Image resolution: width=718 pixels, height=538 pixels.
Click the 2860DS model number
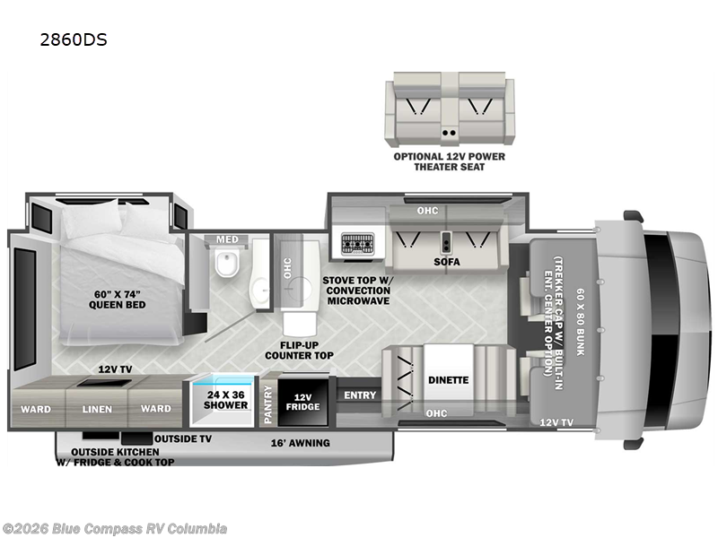point(74,39)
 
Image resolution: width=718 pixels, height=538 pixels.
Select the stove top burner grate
point(357,244)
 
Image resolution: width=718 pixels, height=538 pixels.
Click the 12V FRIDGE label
point(303,402)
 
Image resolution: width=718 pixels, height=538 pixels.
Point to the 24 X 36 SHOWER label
point(225,400)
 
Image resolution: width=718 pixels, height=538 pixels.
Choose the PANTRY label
point(267,404)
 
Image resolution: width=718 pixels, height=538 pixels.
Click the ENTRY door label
point(360,395)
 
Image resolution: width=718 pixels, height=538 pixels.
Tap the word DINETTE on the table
point(448,380)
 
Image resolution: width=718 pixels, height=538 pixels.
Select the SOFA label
point(447,262)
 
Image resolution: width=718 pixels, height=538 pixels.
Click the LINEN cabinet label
point(97,409)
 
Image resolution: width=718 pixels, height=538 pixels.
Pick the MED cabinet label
point(228,239)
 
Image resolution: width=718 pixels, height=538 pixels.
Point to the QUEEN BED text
point(118,305)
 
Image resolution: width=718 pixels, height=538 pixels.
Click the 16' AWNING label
point(301,443)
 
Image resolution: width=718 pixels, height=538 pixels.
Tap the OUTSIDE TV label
point(183,438)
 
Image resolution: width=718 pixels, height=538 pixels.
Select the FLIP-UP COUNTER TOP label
point(300,351)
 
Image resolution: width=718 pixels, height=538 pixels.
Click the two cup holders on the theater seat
point(449,133)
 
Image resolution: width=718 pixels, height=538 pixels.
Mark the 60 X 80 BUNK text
point(580,322)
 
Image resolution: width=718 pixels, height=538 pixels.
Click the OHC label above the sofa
point(427,211)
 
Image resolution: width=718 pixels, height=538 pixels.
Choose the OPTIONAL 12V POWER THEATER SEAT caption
point(450,161)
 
